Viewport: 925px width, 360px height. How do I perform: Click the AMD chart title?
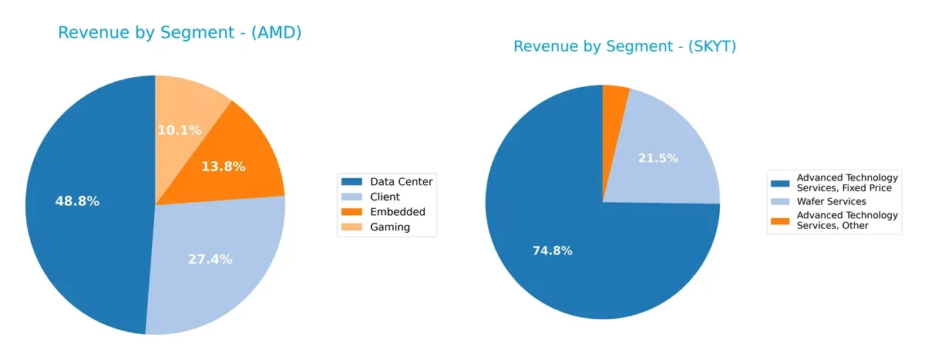[x=180, y=32]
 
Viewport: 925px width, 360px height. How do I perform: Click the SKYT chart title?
[x=624, y=47]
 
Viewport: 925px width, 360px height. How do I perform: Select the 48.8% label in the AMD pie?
[x=77, y=201]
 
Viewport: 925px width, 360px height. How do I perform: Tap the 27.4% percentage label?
[x=210, y=259]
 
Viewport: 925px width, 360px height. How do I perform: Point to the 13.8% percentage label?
[x=223, y=166]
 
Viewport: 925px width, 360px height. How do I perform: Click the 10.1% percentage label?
[x=180, y=130]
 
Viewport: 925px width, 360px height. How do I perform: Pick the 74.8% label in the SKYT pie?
[x=552, y=251]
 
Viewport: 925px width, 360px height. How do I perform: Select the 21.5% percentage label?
[x=658, y=158]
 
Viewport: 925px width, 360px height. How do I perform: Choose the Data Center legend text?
[x=401, y=181]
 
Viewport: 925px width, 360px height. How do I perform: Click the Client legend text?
[x=385, y=197]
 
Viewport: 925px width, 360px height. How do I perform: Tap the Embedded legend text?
[x=397, y=212]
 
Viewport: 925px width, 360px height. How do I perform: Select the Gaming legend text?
[x=390, y=227]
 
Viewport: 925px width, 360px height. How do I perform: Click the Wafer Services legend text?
[x=831, y=201]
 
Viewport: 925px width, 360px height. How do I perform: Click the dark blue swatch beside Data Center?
[x=352, y=181]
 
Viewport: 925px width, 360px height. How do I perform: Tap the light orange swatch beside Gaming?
[x=352, y=227]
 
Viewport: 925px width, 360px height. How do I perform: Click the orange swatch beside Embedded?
[x=352, y=212]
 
